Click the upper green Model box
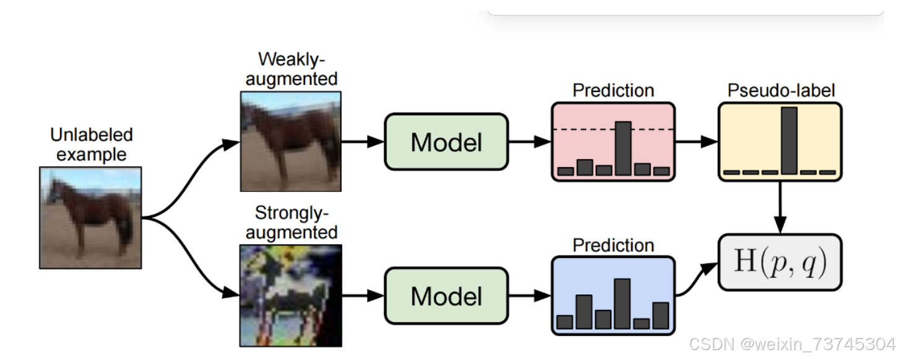446,142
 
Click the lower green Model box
446,296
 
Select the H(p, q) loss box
780,262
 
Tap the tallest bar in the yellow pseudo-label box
788,140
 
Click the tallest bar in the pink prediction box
623,148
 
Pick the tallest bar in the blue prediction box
622,304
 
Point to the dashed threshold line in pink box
582,129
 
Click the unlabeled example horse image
90,218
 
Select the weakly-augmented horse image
290,141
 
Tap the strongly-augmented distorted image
290,295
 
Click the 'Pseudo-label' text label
781,90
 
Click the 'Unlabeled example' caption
91,144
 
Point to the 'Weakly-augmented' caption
291,69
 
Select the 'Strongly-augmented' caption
291,223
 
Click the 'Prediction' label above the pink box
613,90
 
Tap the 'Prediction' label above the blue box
613,245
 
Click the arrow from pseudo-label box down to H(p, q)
780,207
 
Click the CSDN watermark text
792,344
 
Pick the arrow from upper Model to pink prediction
529,142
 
